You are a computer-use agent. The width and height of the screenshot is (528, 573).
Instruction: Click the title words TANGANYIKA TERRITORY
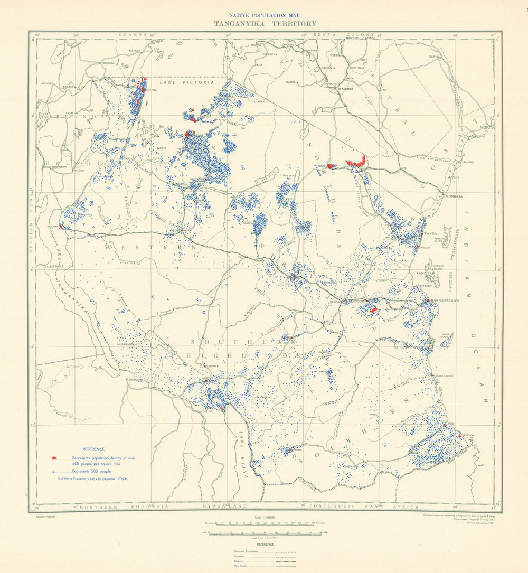pyautogui.click(x=265, y=24)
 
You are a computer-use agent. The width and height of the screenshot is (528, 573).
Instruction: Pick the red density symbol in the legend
pyautogui.click(x=55, y=458)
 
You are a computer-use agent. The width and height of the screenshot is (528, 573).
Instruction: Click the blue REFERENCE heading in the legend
pyautogui.click(x=93, y=449)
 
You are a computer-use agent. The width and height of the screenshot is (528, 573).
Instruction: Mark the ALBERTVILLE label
pyautogui.click(x=55, y=267)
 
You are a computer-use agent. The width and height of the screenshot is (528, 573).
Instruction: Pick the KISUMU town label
pyautogui.click(x=255, y=45)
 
